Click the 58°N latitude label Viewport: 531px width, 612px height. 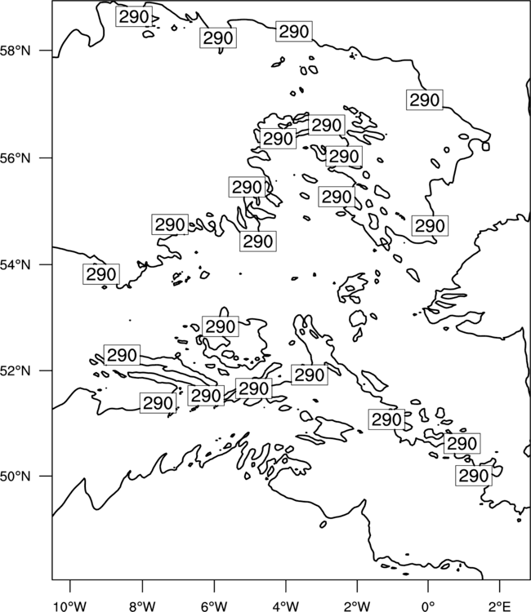(x=15, y=51)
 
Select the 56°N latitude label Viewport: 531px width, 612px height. (x=15, y=158)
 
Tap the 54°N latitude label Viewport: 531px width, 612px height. (x=15, y=265)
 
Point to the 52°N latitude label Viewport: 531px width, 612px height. (x=15, y=370)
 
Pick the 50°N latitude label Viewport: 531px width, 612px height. (x=15, y=477)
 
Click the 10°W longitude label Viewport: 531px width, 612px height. (x=70, y=606)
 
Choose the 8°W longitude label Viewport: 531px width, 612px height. (x=142, y=606)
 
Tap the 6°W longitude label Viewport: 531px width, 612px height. (x=214, y=606)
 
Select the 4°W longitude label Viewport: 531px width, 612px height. (x=286, y=606)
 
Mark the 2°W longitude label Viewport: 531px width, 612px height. (x=357, y=606)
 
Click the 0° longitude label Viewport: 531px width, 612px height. (x=428, y=606)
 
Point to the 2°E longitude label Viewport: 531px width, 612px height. (x=500, y=606)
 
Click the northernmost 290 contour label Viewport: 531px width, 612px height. (x=134, y=17)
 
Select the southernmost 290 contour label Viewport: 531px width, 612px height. (x=474, y=476)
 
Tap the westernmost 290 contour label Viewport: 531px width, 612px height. (x=101, y=274)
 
